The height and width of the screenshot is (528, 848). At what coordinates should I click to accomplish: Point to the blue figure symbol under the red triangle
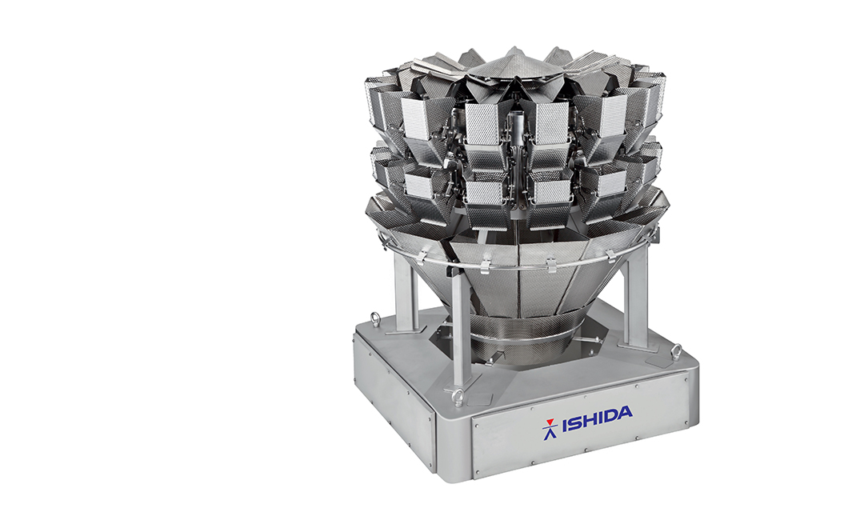(x=549, y=430)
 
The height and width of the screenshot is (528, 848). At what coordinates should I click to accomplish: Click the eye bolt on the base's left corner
(x=374, y=317)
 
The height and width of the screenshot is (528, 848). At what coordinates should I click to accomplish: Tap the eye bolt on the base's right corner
(x=676, y=351)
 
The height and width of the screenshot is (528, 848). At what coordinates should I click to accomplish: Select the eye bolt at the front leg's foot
(x=458, y=394)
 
